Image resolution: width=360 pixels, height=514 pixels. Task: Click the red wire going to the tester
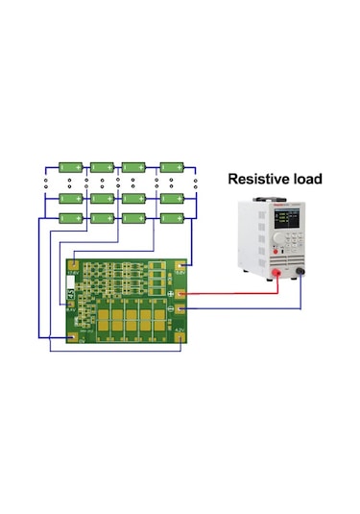[x=230, y=286]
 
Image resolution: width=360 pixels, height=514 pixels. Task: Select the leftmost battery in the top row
[x=68, y=166]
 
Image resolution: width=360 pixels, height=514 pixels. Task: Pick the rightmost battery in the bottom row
[x=174, y=219]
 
